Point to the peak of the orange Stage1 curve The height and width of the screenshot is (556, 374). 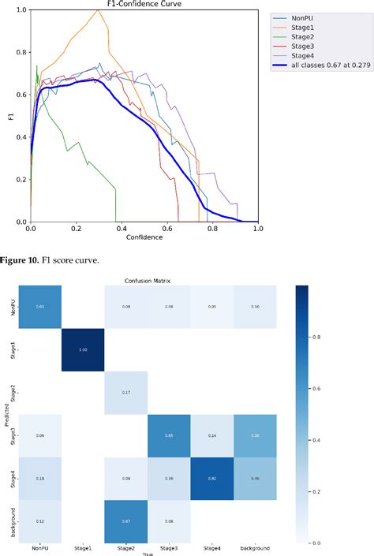pyautogui.click(x=97, y=10)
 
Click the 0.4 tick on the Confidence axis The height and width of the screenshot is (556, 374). pyautogui.click(x=122, y=229)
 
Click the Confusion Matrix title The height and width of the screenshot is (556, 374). pyautogui.click(x=148, y=279)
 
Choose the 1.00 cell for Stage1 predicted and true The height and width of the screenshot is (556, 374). pyautogui.click(x=82, y=348)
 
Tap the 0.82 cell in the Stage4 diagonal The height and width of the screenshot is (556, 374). pyautogui.click(x=211, y=477)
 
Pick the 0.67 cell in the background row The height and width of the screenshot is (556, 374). pyautogui.click(x=125, y=521)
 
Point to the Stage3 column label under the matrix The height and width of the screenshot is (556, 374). pyautogui.click(x=169, y=547)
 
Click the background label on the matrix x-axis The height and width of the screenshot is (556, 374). pyautogui.click(x=255, y=547)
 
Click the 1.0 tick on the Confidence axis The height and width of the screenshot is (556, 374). pyautogui.click(x=258, y=229)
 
